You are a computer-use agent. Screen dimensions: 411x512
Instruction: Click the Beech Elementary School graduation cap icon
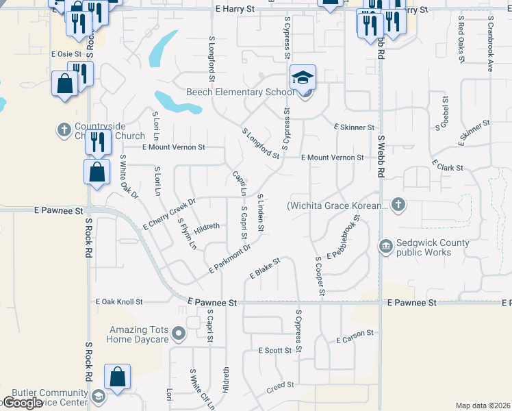302,78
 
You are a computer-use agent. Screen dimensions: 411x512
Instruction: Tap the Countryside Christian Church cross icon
64,129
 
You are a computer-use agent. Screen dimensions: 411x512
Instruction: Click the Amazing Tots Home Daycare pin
179,334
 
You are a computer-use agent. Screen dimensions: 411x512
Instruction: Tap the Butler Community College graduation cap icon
99,396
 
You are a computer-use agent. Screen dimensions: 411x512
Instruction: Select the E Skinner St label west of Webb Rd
354,127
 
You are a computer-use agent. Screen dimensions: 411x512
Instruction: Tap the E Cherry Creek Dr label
169,214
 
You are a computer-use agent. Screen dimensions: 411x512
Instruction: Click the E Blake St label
265,267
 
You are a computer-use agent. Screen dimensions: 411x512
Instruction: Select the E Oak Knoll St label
119,301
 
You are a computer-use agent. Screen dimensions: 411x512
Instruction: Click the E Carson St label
355,336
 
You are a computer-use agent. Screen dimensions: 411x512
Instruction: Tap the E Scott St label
275,350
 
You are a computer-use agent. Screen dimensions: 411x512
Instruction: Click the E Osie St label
66,53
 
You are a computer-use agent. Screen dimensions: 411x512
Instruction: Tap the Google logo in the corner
22,403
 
